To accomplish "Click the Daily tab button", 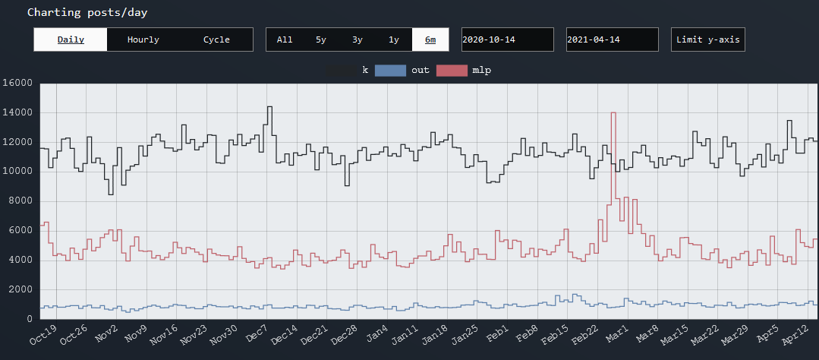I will tap(71, 39).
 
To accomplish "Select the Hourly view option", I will tap(143, 39).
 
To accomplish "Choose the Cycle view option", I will tap(216, 39).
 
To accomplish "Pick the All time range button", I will tap(285, 39).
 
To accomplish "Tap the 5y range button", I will tap(321, 39).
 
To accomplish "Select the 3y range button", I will tap(358, 39).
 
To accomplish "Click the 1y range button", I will tap(394, 39).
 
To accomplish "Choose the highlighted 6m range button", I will tap(430, 39).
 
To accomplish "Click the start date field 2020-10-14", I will tap(508, 39).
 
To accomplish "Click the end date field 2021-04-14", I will tap(613, 39).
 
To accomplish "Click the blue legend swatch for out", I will tap(390, 70).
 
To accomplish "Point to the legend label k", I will tap(365, 70).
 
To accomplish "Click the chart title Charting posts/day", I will tap(87, 12).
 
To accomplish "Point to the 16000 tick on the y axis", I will tap(17, 83).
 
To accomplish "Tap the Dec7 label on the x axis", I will tap(257, 335).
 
